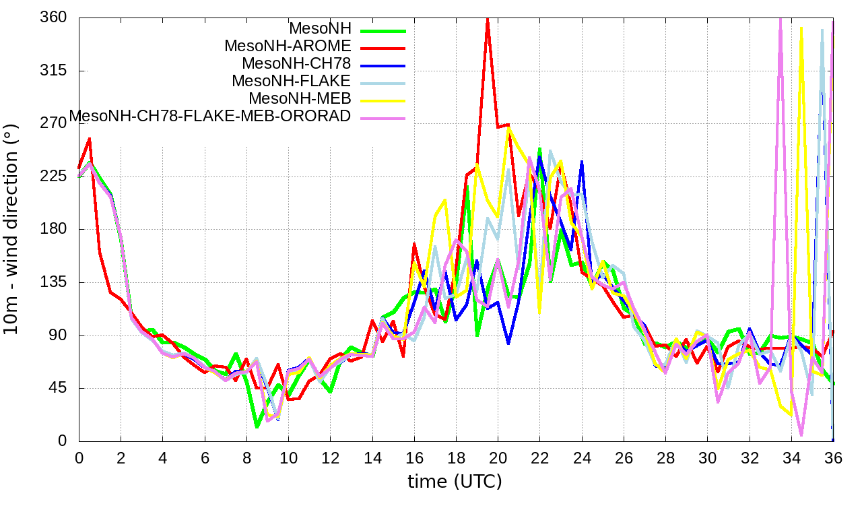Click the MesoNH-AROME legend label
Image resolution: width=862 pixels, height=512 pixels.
click(288, 46)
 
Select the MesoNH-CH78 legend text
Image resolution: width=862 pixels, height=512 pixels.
click(296, 63)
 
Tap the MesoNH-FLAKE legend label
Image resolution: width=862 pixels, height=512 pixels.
click(291, 81)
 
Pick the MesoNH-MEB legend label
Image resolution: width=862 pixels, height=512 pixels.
click(300, 98)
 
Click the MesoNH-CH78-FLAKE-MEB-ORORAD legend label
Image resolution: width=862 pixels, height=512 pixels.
click(210, 116)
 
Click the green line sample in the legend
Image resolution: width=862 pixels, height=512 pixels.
click(383, 31)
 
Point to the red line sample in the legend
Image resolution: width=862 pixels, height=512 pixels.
click(383, 49)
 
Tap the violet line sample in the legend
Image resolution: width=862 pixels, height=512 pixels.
click(383, 119)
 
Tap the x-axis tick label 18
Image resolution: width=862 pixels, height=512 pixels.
click(456, 457)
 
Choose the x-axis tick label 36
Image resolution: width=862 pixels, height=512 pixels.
click(833, 457)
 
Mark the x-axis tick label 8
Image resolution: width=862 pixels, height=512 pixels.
click(246, 457)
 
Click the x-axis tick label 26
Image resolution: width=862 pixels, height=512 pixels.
click(624, 457)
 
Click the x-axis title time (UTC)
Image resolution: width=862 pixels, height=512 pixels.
click(455, 482)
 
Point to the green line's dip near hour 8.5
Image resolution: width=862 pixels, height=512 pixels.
click(257, 426)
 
